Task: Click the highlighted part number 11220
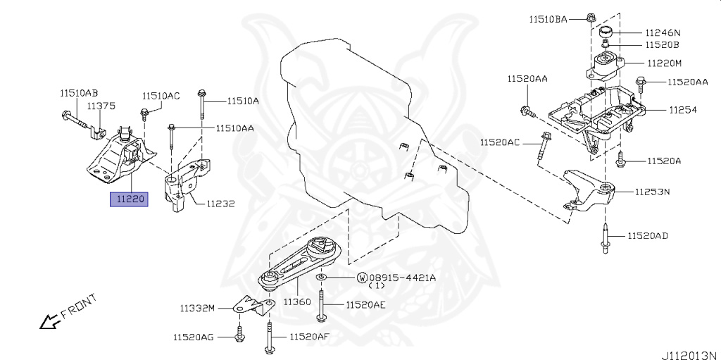[128, 199]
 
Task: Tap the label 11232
[220, 204]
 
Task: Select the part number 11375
[101, 105]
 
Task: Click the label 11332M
[201, 308]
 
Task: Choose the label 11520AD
[648, 235]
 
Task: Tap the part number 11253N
[651, 191]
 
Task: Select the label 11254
[663, 110]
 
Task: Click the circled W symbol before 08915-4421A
[362, 278]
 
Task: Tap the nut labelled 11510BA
[589, 18]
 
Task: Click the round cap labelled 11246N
[604, 33]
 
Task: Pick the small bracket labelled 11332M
[254, 305]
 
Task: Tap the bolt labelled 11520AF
[270, 337]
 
